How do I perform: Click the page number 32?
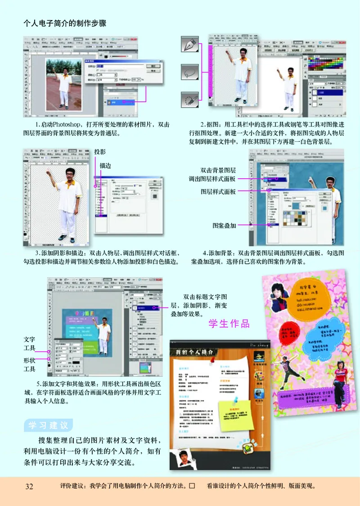tap(30, 486)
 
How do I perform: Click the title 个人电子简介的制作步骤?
tap(65, 23)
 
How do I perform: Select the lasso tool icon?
tap(190, 72)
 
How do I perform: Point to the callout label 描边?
tap(105, 166)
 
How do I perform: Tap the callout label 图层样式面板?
tap(218, 191)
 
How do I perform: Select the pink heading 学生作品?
tap(229, 324)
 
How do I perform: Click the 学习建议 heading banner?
tap(48, 425)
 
